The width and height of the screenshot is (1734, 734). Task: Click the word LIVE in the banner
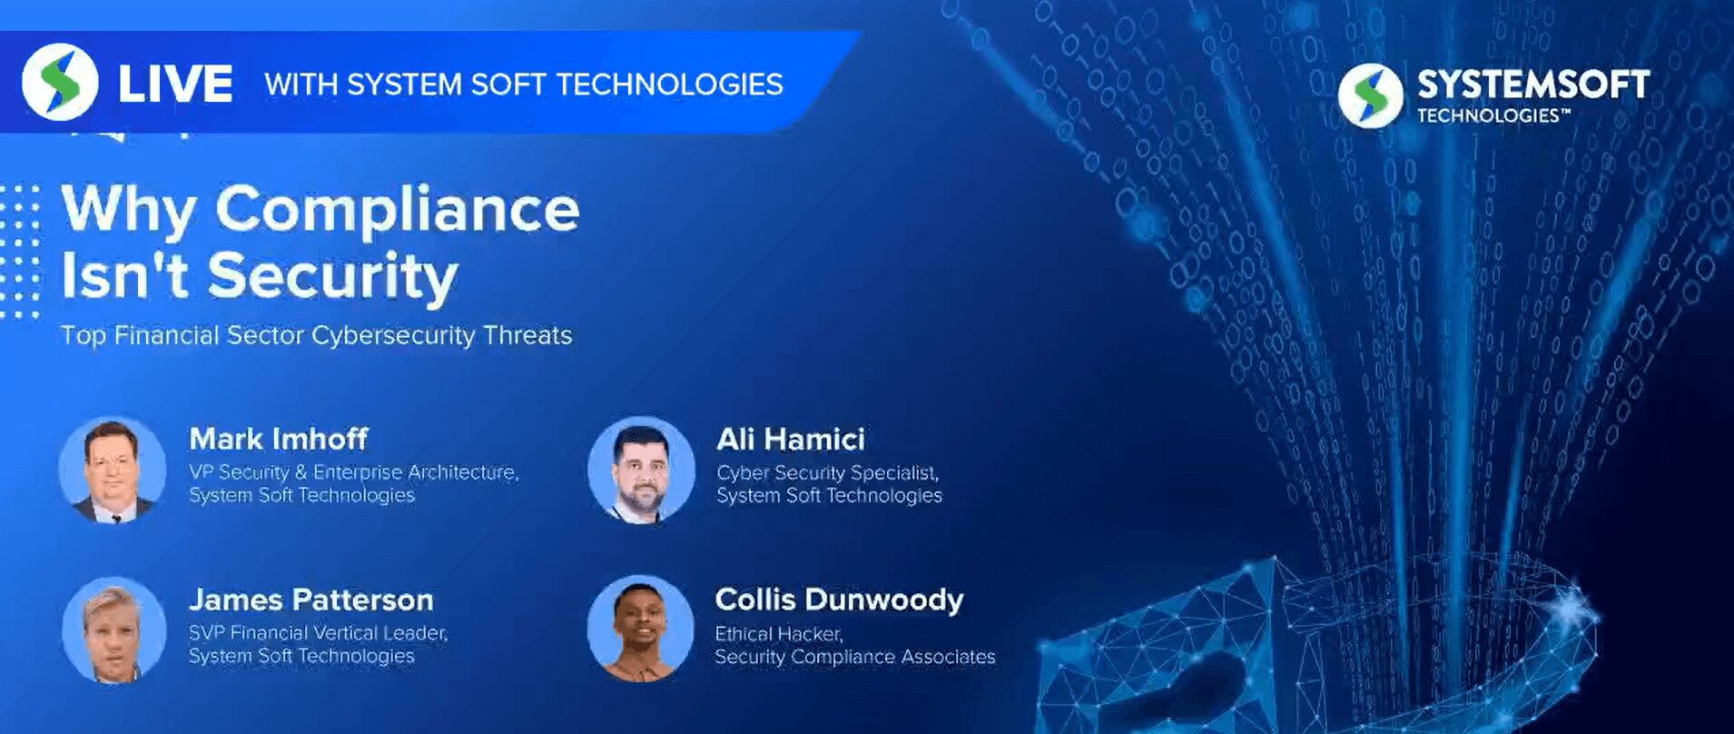click(175, 84)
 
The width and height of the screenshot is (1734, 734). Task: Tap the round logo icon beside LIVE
click(60, 82)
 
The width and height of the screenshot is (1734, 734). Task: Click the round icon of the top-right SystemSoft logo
click(1370, 94)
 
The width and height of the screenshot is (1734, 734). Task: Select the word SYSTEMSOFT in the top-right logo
click(1532, 84)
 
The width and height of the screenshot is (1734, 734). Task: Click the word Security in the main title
click(333, 275)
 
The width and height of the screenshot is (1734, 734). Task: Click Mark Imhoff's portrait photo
click(113, 470)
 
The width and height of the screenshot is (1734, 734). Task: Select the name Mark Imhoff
click(278, 439)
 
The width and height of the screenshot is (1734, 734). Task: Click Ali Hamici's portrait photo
click(641, 471)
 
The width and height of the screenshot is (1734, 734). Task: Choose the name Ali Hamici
click(790, 439)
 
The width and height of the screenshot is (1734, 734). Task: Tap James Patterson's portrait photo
click(113, 630)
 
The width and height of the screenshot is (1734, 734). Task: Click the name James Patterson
click(310, 600)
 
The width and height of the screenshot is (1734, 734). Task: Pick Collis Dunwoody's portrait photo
click(641, 629)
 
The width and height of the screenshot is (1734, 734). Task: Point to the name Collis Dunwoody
click(839, 600)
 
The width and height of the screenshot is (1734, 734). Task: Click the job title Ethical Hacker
click(779, 633)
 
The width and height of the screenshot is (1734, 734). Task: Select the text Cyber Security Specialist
click(827, 472)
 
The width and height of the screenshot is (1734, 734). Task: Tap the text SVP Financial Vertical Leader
click(318, 632)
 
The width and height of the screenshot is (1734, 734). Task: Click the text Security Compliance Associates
click(854, 657)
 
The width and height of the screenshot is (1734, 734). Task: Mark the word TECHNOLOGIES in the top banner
click(669, 84)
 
